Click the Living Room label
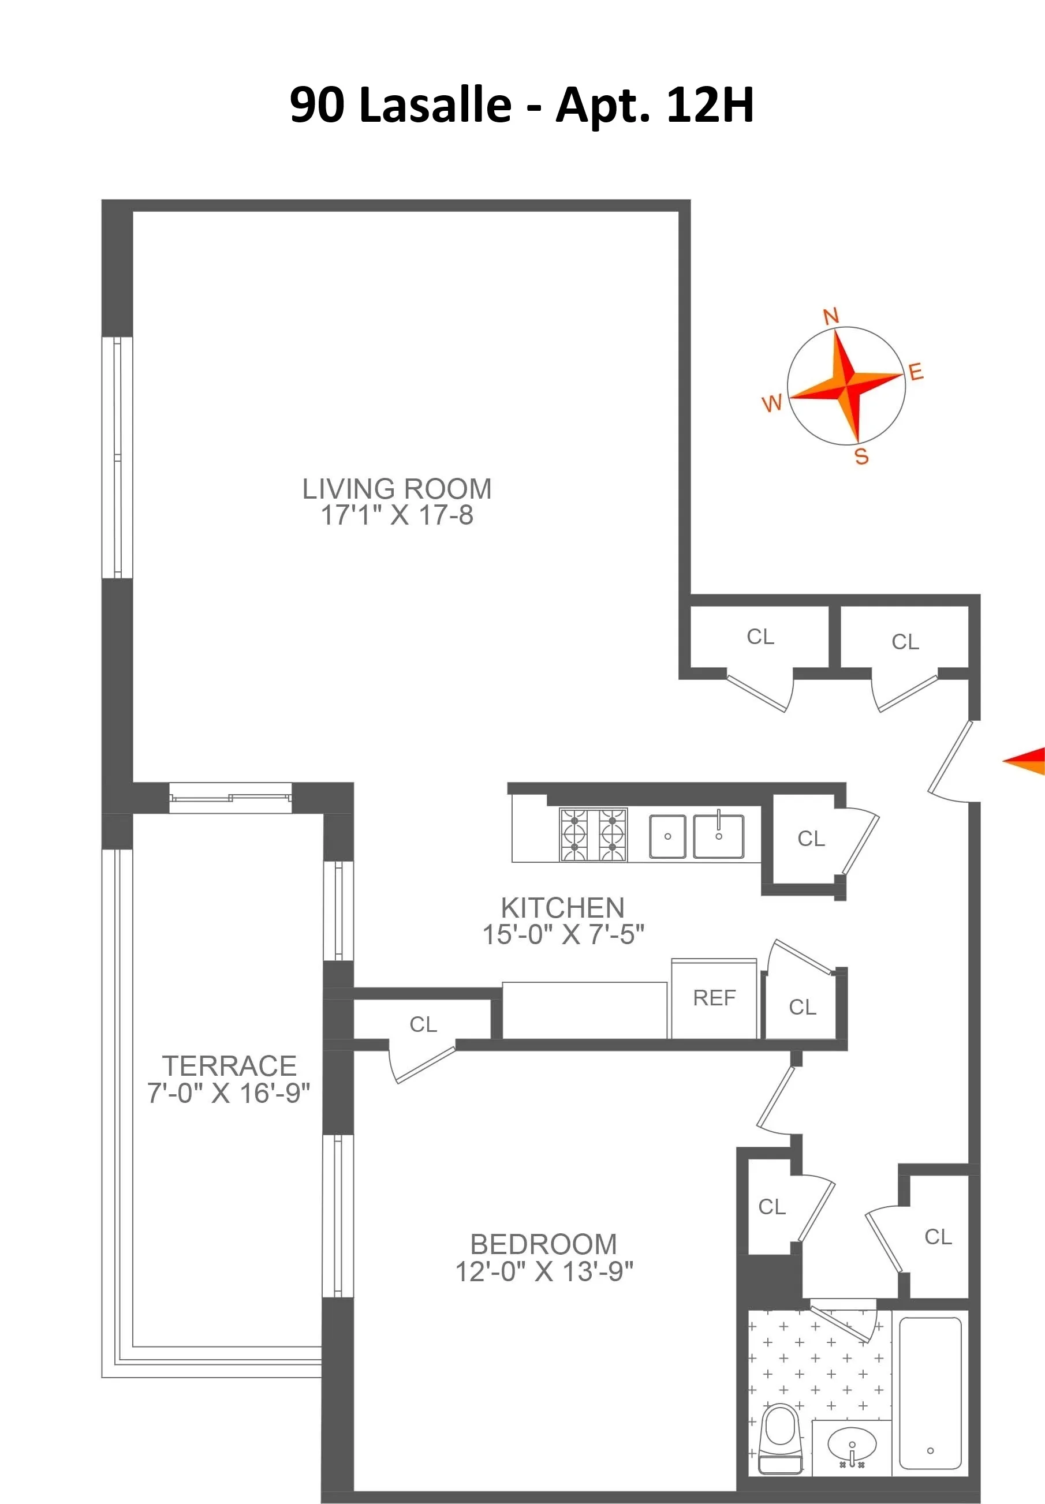click(x=396, y=489)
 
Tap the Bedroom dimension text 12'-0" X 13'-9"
click(x=543, y=1271)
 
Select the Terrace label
click(x=229, y=1066)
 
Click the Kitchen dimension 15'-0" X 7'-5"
click(x=562, y=934)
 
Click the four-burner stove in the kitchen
click(x=592, y=835)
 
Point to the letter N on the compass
click(x=830, y=317)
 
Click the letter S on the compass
click(x=861, y=457)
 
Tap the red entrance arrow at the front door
click(x=1025, y=761)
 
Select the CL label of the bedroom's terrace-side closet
click(x=423, y=1024)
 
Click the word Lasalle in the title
click(x=435, y=104)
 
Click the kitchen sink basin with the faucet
click(x=718, y=836)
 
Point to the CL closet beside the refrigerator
click(x=802, y=1007)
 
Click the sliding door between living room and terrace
click(x=230, y=797)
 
